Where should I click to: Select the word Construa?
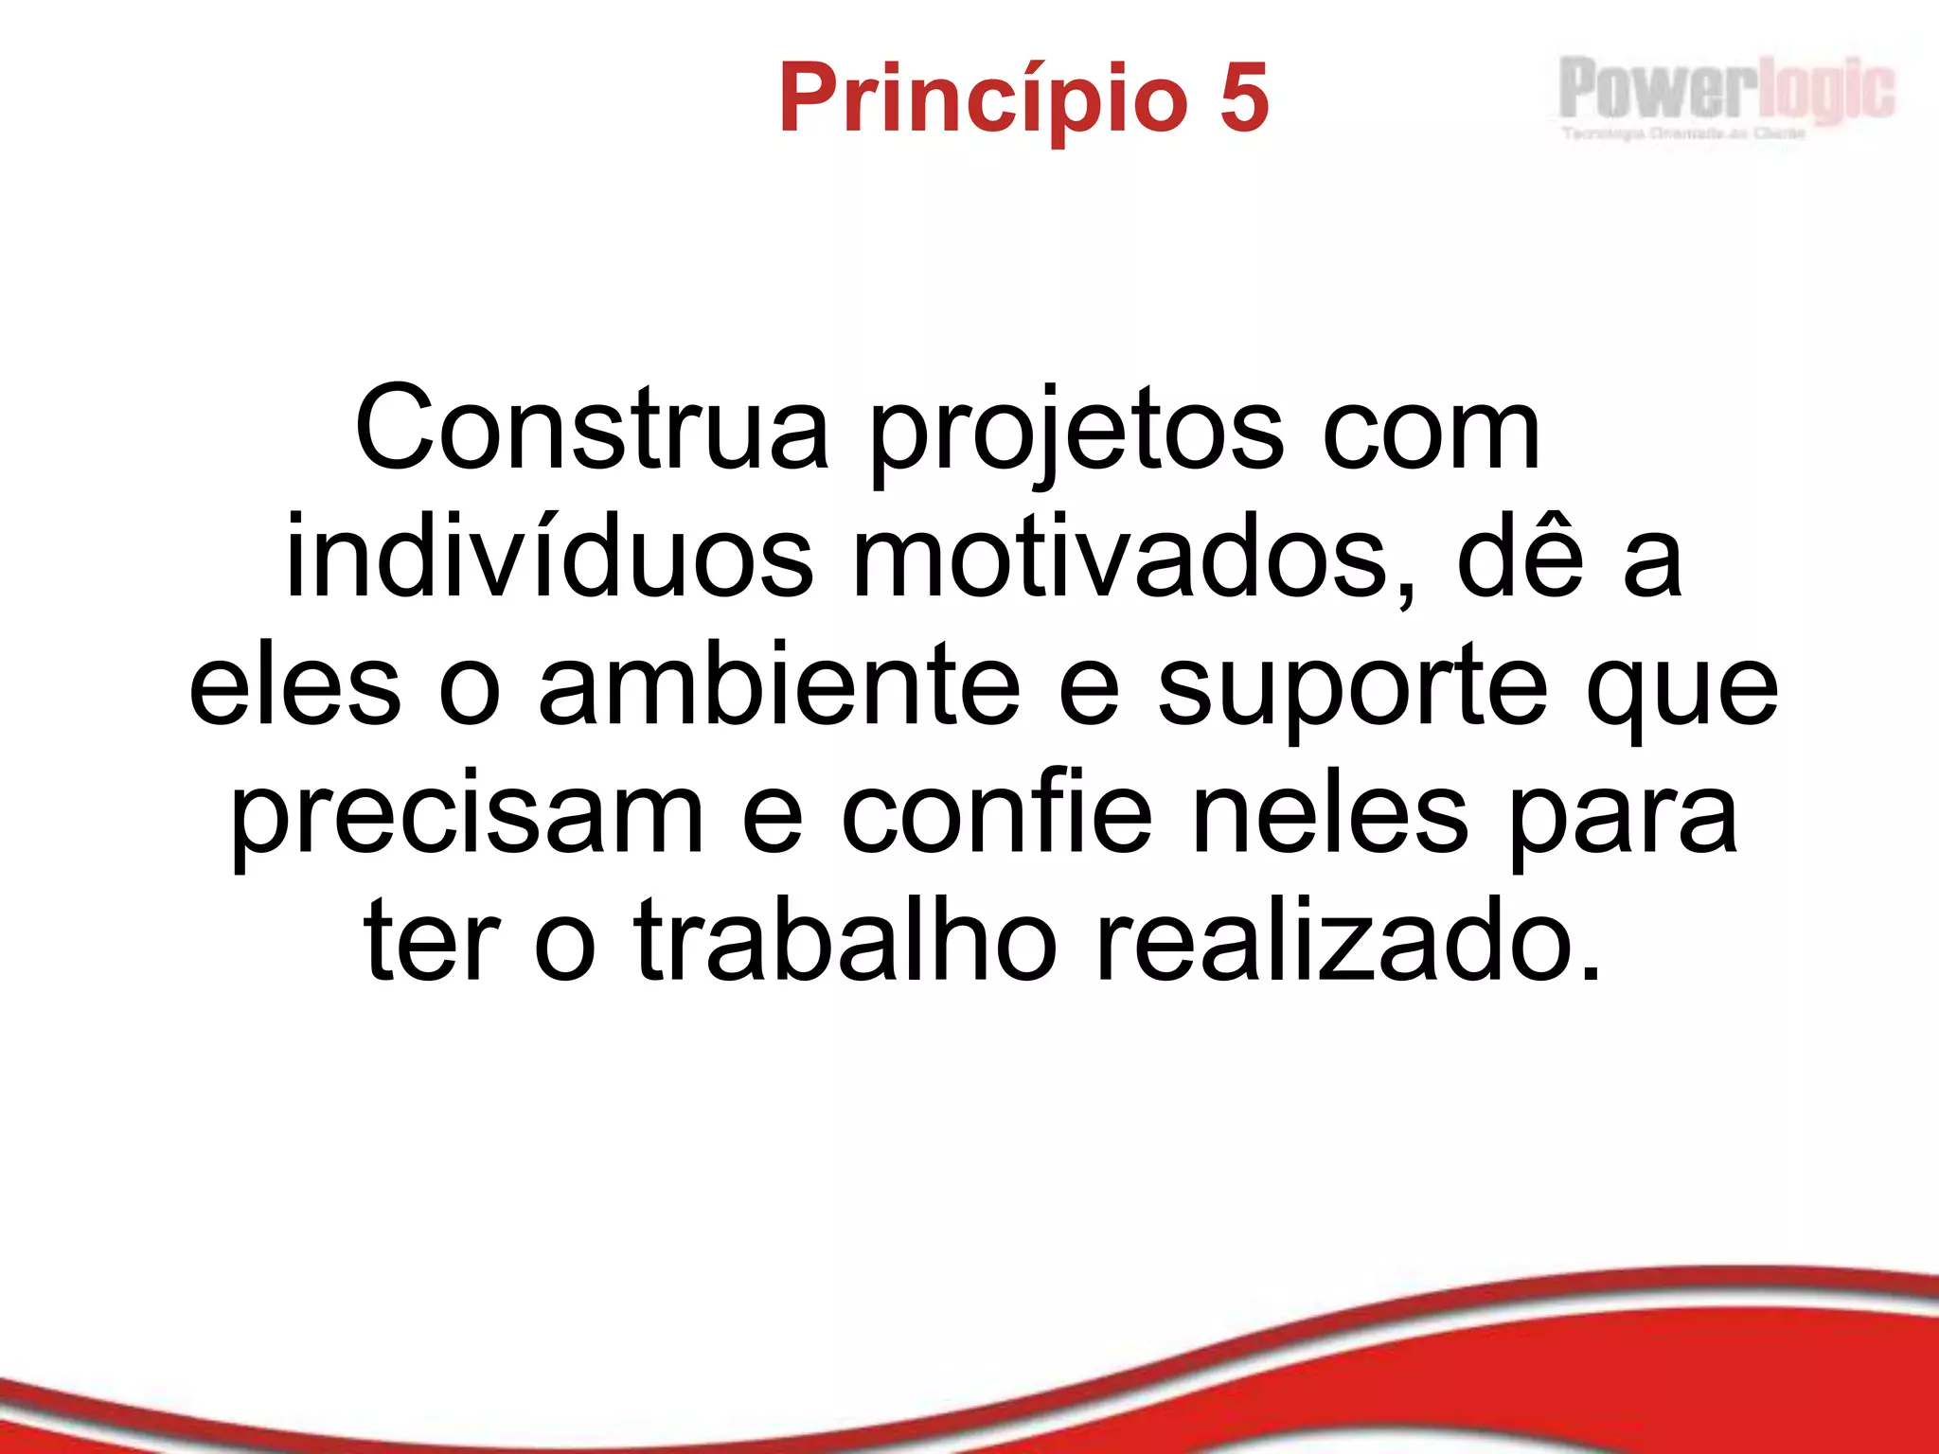592,429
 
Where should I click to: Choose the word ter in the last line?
431,942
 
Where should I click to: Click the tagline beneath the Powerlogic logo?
1683,133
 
